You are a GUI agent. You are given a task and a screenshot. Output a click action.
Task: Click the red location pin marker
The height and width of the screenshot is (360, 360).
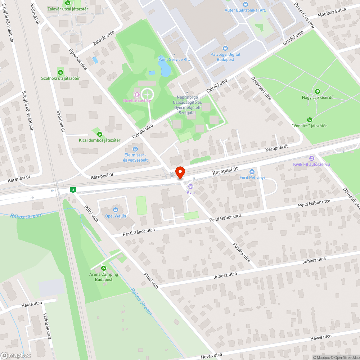(180, 172)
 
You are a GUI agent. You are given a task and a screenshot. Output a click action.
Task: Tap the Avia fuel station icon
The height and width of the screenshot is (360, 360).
(190, 186)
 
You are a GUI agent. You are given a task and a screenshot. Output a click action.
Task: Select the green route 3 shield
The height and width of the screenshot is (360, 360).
(73, 190)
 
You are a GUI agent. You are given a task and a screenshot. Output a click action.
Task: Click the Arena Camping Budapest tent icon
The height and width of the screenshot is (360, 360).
(104, 268)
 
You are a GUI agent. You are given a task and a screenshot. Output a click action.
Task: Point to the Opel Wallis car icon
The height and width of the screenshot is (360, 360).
(116, 210)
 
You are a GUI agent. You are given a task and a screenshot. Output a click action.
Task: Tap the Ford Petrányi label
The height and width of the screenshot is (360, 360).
(252, 177)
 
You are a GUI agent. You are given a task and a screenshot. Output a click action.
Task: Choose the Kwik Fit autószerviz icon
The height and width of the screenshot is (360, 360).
(311, 158)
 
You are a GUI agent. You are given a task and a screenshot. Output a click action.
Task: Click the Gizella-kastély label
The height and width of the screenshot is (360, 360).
(137, 100)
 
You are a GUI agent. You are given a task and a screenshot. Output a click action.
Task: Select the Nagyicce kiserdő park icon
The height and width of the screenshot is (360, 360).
(317, 91)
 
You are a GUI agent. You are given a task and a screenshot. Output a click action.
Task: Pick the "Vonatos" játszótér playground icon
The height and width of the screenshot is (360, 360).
(309, 120)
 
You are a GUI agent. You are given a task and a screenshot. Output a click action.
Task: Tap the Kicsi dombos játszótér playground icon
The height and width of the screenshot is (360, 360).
(99, 134)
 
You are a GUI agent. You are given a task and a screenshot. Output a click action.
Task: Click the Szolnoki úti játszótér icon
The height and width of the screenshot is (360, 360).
(60, 72)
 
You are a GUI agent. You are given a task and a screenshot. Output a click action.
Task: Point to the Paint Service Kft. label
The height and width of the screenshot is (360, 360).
(174, 59)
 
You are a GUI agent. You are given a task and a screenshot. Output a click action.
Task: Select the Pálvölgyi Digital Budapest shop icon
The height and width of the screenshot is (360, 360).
(225, 48)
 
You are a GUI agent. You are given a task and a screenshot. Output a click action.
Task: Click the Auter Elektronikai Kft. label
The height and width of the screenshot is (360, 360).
(245, 10)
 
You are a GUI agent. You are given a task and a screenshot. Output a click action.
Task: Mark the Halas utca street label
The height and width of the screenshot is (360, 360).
(32, 304)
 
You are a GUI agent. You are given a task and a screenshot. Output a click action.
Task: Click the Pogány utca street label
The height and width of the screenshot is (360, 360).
(242, 253)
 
